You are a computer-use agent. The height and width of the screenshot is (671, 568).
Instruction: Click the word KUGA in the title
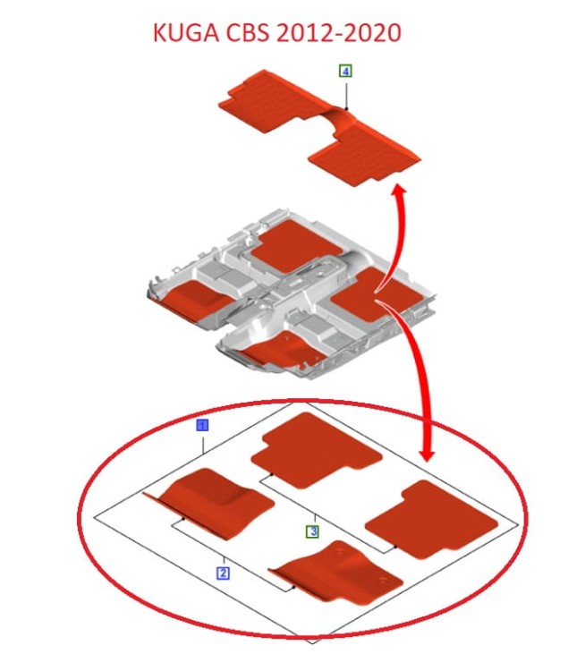coord(186,33)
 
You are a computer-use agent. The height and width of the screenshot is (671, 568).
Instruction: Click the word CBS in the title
coord(249,33)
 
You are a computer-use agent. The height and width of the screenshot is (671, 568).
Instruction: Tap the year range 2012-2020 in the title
coord(339,33)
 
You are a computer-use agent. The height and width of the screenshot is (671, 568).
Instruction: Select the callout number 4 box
coord(345,71)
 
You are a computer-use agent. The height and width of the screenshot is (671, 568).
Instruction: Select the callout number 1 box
coord(202,425)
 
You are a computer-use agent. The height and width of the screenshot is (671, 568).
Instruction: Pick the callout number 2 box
coord(223,573)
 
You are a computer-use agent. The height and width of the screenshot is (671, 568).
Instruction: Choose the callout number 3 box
coord(313,532)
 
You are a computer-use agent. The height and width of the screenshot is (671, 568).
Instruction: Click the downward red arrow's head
coord(428,454)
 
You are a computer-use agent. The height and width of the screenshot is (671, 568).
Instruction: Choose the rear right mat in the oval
coord(432,519)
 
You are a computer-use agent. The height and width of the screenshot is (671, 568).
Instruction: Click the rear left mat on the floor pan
coord(296,247)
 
